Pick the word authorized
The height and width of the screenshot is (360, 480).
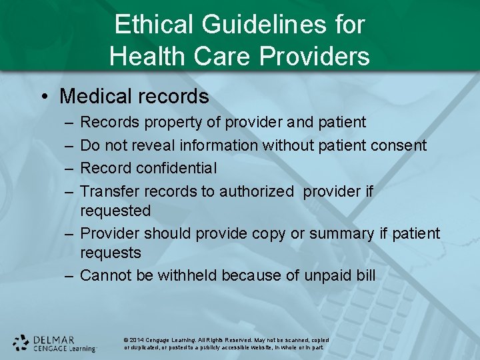(x=256, y=191)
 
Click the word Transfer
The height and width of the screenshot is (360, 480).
(x=109, y=191)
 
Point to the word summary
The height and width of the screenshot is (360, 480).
(x=331, y=233)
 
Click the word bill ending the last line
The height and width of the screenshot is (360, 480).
(x=365, y=275)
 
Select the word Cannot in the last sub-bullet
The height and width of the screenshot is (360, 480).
(x=105, y=275)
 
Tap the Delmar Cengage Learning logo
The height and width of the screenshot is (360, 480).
(x=55, y=343)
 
